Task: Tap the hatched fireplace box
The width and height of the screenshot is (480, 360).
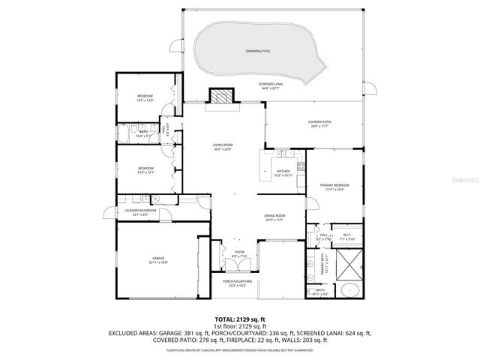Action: point(221,97)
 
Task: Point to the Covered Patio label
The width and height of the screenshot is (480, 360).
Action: point(319,123)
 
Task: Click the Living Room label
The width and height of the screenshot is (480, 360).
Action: point(223,147)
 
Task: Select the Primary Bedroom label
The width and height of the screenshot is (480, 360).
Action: point(334,186)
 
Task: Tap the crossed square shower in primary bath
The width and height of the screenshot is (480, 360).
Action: point(349,264)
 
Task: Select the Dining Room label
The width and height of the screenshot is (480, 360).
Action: point(274,217)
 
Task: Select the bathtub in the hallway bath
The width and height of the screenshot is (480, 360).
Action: point(124,135)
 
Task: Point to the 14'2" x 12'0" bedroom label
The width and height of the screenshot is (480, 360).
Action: point(145,98)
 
